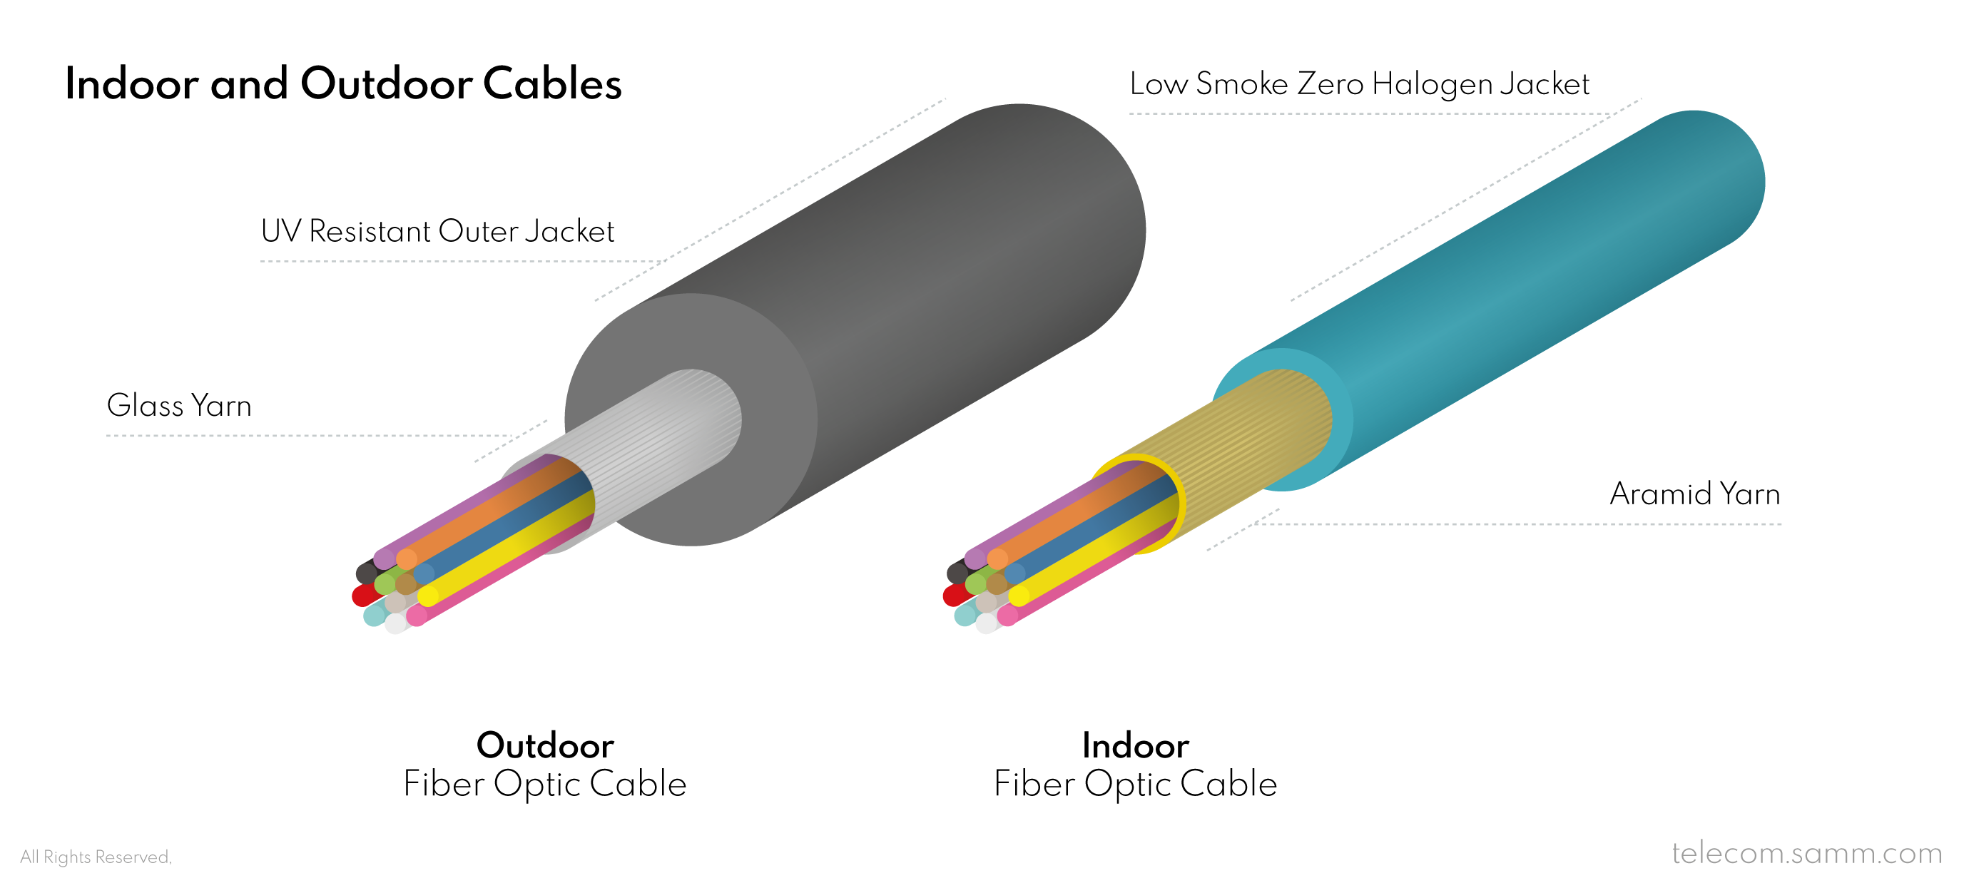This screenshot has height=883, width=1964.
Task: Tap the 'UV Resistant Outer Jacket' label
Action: coord(437,231)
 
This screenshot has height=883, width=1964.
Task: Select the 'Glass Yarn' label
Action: coord(179,405)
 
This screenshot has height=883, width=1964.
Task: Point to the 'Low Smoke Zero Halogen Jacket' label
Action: coord(1360,84)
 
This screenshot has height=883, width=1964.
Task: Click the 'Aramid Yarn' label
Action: coord(1695,494)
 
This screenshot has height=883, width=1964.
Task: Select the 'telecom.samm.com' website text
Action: coord(1807,852)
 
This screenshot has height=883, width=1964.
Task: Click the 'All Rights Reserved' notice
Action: coord(96,857)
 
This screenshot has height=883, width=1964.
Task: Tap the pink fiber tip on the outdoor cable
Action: coord(417,616)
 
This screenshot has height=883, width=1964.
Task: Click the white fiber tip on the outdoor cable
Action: coord(396,623)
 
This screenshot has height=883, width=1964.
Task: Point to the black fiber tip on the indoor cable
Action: coord(957,572)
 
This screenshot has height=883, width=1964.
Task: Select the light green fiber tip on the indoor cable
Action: coord(976,583)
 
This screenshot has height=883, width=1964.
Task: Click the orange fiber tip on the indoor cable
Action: coord(997,559)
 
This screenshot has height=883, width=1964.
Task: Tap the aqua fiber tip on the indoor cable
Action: coord(965,615)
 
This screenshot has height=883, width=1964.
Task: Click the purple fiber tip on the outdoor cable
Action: coord(385,559)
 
